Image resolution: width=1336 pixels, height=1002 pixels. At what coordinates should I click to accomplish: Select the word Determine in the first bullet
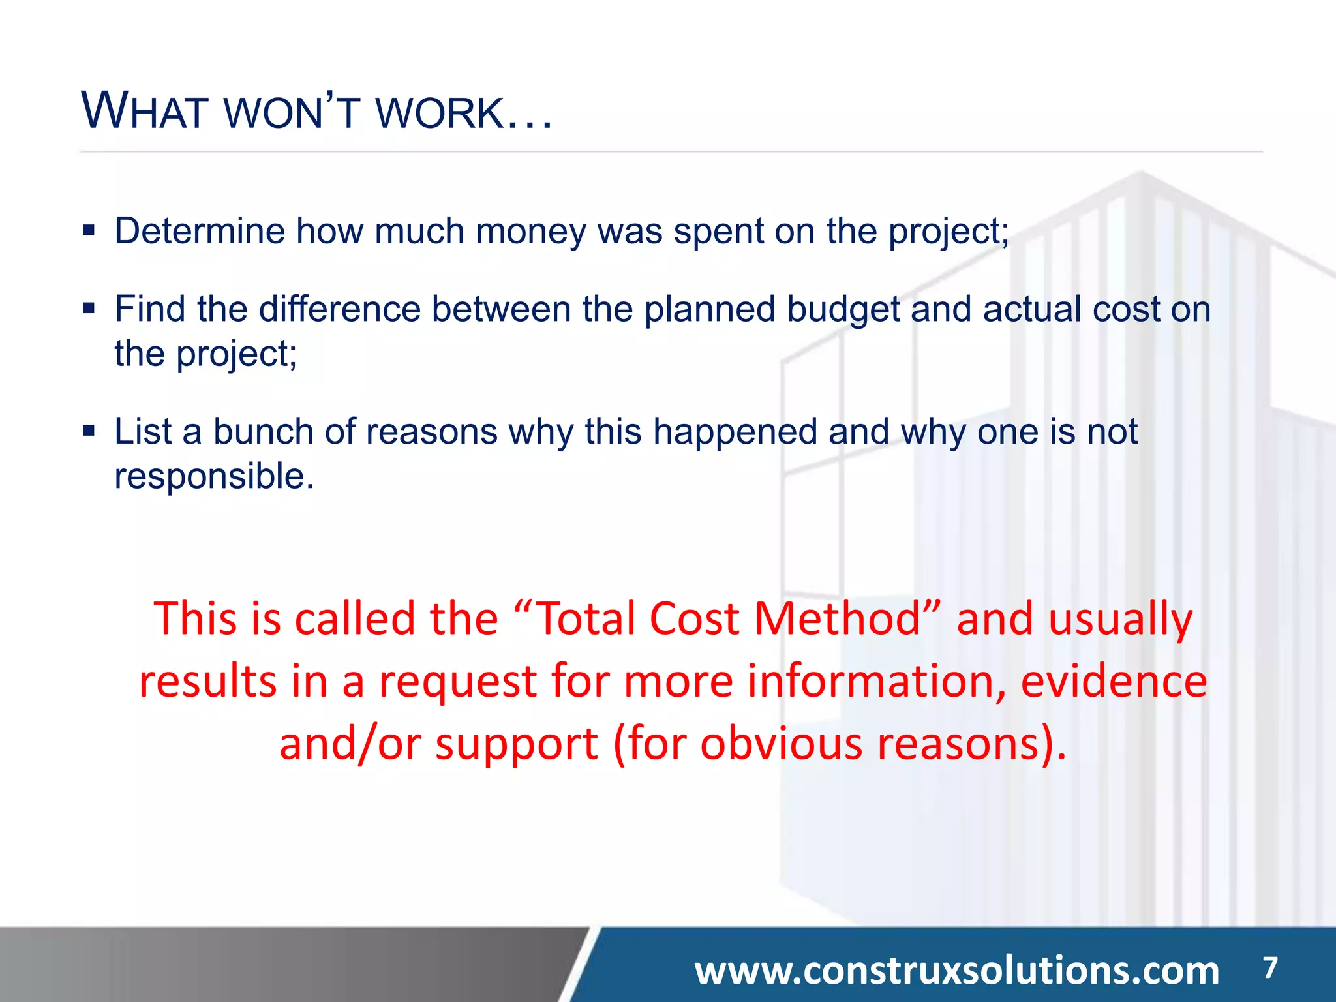200,231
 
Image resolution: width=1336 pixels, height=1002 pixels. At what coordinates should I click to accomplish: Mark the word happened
735,433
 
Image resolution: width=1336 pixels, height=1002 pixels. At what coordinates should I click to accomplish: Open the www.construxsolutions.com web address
956,970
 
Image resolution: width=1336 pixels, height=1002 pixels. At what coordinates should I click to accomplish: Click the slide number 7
1269,967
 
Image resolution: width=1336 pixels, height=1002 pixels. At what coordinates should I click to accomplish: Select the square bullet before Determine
89,230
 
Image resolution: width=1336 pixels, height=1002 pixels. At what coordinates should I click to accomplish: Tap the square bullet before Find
89,308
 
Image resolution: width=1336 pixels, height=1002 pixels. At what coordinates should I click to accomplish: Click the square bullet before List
89,431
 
